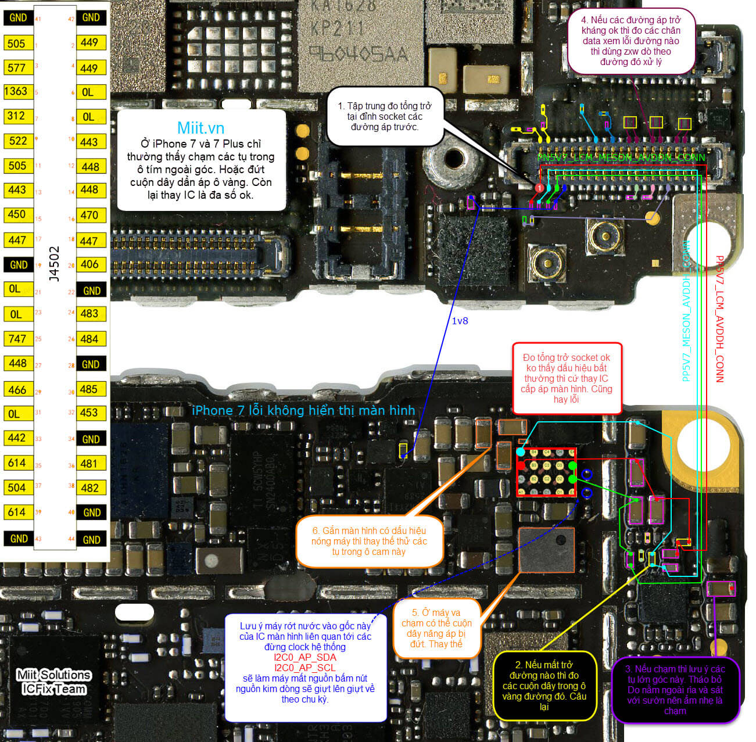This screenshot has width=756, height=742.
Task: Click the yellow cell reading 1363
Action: click(x=16, y=91)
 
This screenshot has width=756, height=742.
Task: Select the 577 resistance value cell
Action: click(x=16, y=67)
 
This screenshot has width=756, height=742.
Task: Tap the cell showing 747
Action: click(x=17, y=338)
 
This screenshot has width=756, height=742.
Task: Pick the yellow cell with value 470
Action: click(x=89, y=215)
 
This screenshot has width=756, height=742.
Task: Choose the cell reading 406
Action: click(x=89, y=264)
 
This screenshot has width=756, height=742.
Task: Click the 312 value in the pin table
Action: click(x=16, y=116)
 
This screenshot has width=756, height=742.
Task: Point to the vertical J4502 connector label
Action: click(x=54, y=264)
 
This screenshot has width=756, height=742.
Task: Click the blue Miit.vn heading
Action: click(x=200, y=128)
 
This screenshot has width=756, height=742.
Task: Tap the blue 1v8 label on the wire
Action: click(x=460, y=321)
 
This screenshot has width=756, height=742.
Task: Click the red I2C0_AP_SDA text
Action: click(x=305, y=657)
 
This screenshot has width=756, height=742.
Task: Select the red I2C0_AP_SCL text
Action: click(x=305, y=668)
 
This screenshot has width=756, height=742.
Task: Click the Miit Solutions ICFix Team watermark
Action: click(x=53, y=682)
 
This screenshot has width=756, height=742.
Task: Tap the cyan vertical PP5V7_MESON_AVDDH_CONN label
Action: click(x=686, y=311)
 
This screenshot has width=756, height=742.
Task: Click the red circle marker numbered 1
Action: click(x=539, y=188)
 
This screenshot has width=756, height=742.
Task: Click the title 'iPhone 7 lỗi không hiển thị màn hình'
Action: click(x=303, y=410)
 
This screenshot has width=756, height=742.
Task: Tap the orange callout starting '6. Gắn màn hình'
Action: click(x=369, y=541)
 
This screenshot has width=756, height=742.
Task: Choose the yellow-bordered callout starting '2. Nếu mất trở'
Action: click(x=544, y=686)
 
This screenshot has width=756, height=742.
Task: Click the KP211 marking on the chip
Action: click(x=338, y=28)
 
